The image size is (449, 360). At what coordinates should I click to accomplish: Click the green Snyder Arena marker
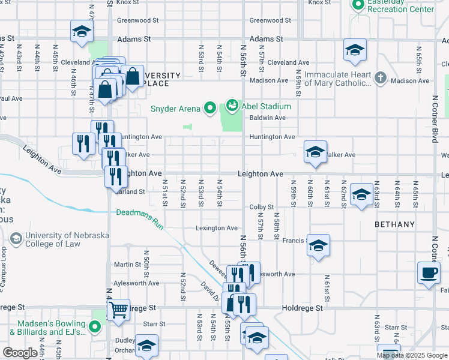[209, 109]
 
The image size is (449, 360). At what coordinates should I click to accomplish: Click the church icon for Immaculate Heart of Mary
[380, 78]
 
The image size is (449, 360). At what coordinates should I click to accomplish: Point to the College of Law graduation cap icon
[16, 239]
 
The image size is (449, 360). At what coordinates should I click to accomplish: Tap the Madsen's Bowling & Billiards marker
[94, 327]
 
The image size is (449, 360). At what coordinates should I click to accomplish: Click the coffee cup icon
[429, 273]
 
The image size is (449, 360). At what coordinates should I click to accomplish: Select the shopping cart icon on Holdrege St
[118, 310]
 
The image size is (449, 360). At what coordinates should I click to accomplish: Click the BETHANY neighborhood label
[394, 224]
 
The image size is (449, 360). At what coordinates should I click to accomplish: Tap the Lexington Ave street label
[217, 228]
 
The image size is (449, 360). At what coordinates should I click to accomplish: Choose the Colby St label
[262, 207]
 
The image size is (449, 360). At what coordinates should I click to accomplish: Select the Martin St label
[127, 265]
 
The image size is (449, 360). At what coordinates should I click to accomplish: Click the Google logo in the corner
[20, 353]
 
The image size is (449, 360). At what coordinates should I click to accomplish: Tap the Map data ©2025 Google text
[411, 355]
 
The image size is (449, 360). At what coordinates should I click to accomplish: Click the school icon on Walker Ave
[315, 152]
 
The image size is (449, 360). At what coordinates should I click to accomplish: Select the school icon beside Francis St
[318, 245]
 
